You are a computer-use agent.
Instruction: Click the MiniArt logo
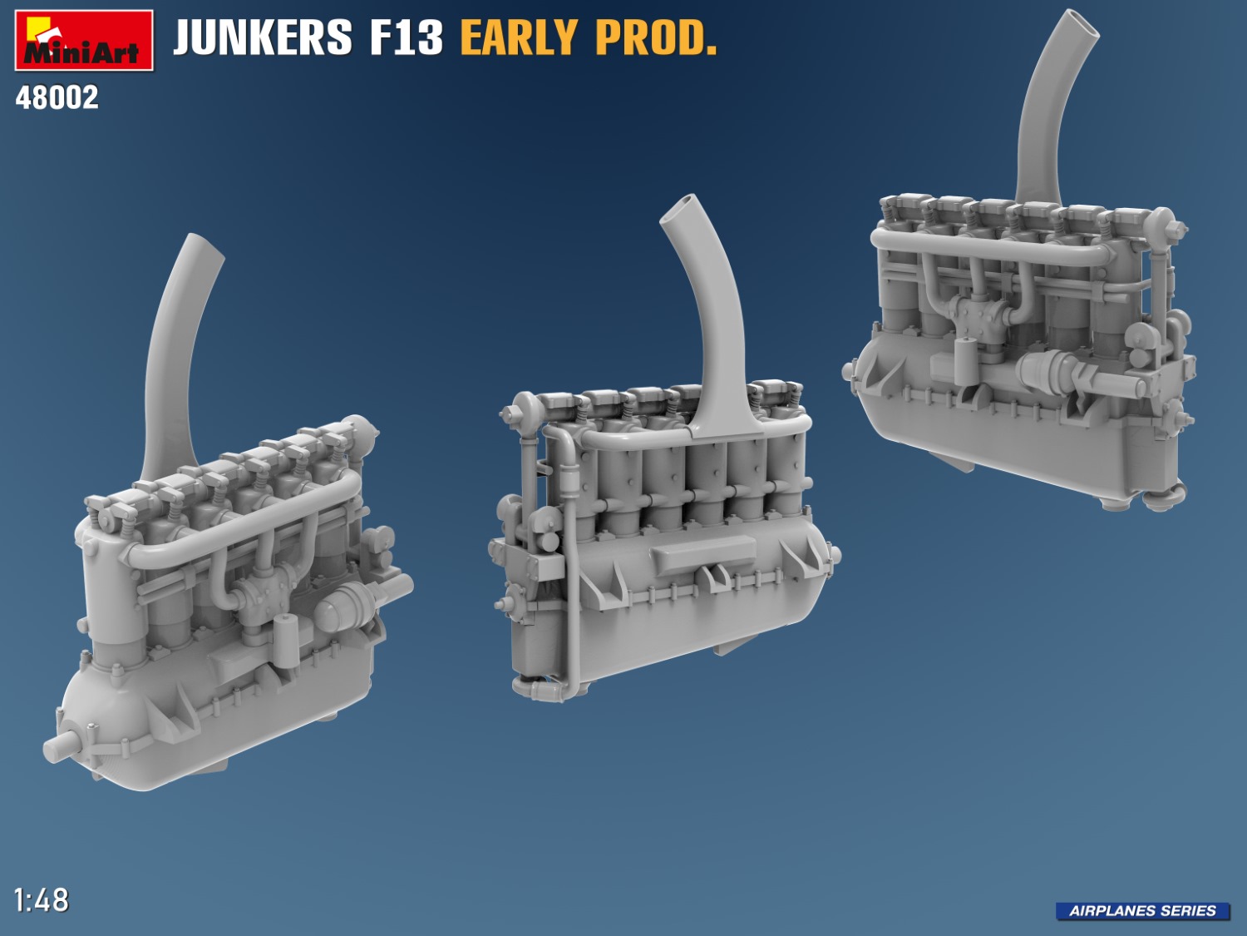(84, 40)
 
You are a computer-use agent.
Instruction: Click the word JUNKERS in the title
(263, 38)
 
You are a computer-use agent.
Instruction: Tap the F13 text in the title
(406, 38)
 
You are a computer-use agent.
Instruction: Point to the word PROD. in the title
(656, 38)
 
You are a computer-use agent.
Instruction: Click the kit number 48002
(57, 97)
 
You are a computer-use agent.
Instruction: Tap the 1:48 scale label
(41, 900)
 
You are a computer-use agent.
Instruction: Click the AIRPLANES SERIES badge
(1142, 911)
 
